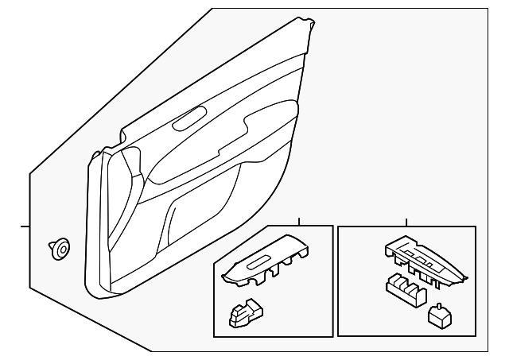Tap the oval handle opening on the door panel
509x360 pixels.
point(188,122)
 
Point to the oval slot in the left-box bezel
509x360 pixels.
point(261,263)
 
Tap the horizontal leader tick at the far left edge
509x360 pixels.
point(24,226)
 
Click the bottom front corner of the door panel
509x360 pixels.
point(95,294)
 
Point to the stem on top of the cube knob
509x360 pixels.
point(437,306)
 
